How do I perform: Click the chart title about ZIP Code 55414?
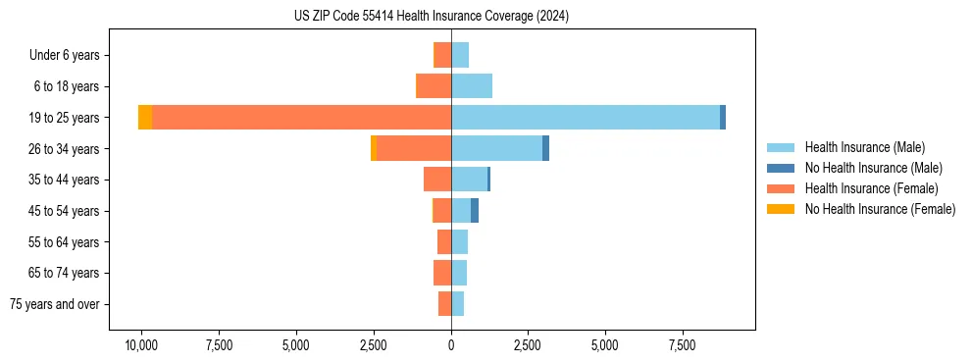pos(431,16)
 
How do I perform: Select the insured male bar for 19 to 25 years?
pos(585,118)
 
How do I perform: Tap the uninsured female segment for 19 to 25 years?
pos(145,118)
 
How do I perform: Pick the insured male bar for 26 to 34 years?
pos(496,149)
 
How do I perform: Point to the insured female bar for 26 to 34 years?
pos(414,149)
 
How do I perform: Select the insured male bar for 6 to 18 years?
pos(472,86)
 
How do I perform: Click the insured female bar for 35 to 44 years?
pos(437,180)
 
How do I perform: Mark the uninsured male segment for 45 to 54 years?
pos(475,211)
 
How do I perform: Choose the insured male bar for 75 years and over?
pos(457,304)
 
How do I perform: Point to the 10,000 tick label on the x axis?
pos(141,345)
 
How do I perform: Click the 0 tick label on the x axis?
pos(451,345)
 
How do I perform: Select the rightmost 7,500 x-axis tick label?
pos(683,345)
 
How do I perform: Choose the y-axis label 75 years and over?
pos(55,304)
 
